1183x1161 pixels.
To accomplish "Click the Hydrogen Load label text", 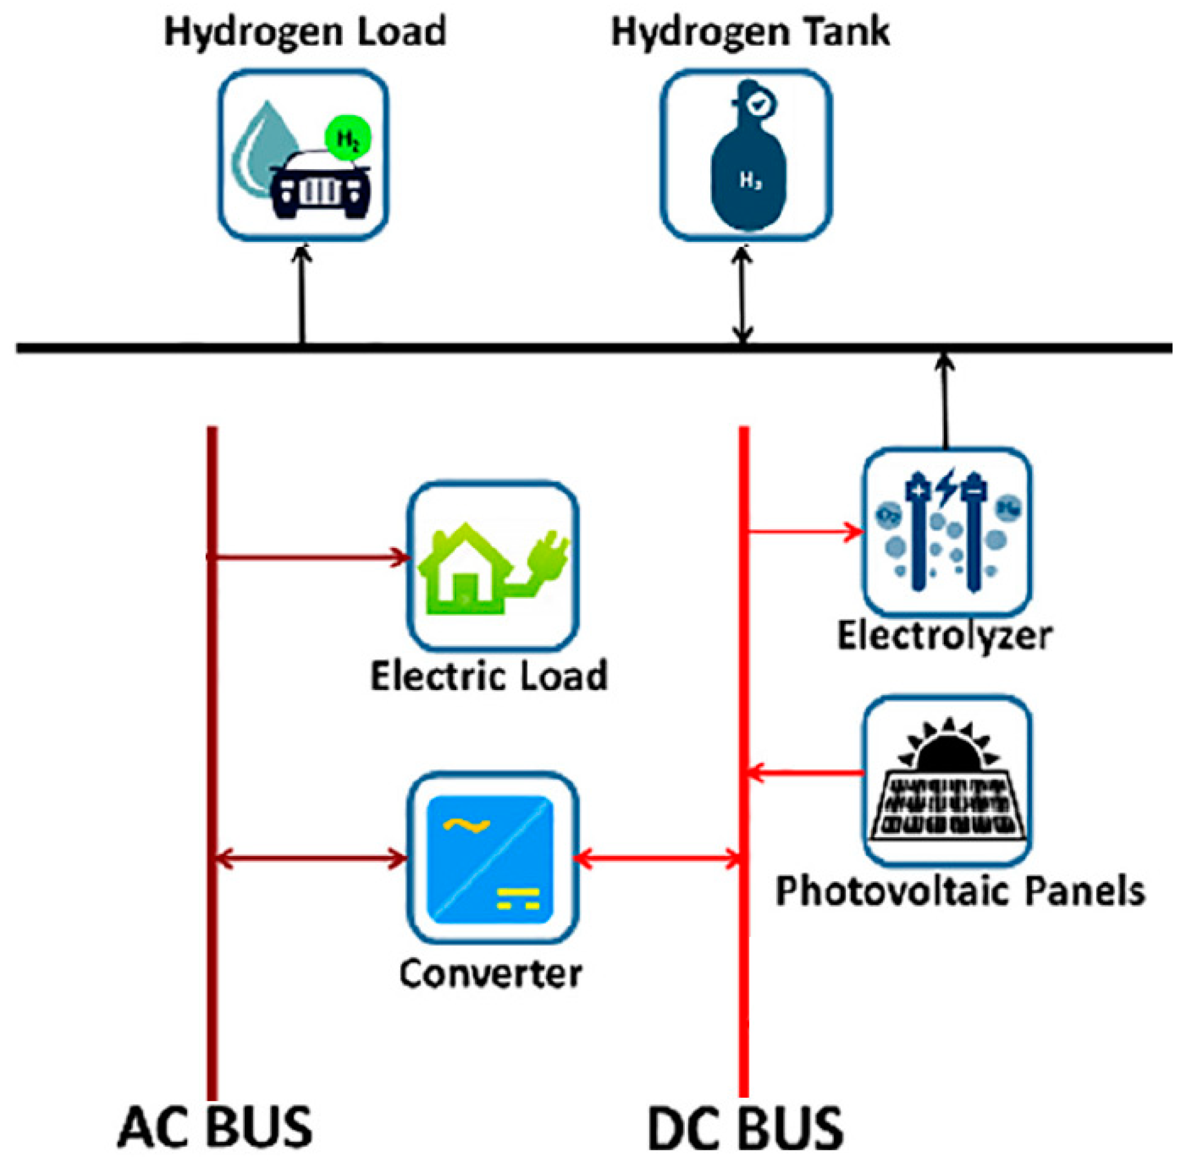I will pos(305,32).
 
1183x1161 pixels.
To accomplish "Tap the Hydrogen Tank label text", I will pos(750,32).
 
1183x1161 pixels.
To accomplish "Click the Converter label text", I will pos(490,973).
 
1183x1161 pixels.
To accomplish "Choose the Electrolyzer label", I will pos(944,636).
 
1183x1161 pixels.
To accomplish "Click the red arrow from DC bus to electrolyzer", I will pos(806,531).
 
